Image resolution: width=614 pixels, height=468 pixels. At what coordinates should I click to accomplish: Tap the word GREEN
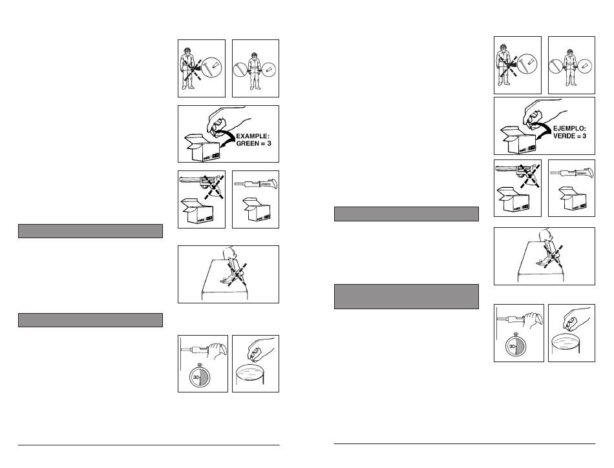point(242,143)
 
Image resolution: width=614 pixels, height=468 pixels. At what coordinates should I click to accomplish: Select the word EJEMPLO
point(569,128)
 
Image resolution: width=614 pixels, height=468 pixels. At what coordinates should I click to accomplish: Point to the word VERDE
point(561,136)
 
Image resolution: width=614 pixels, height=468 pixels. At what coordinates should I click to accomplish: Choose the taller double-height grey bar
point(406,296)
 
